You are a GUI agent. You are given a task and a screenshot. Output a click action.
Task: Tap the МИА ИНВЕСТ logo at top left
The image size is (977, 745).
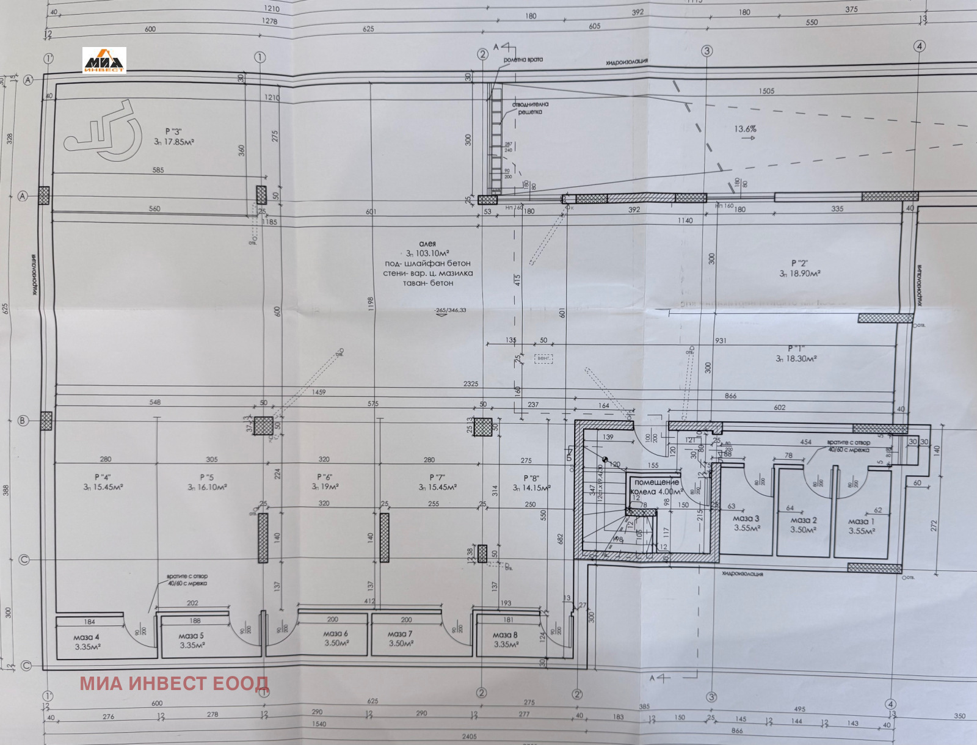coord(104,60)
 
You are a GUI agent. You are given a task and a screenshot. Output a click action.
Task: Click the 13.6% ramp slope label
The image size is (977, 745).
coord(745,129)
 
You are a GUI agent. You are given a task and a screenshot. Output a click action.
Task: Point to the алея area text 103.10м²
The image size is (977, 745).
coord(427,253)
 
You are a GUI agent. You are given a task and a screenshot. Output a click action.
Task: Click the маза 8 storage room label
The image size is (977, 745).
coord(506,639)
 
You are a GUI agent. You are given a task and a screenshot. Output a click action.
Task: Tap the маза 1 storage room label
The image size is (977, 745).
coord(862,526)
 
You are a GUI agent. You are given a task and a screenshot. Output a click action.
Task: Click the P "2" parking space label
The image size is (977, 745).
coord(799,268)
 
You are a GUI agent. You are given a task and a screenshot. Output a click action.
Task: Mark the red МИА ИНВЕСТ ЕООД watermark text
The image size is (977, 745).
coord(173,683)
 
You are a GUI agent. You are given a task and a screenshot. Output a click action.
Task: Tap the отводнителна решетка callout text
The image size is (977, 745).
coord(530,108)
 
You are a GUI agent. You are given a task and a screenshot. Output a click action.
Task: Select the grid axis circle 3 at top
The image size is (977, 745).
coord(707,51)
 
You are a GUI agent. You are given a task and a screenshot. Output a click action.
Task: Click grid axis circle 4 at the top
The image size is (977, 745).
coord(919,46)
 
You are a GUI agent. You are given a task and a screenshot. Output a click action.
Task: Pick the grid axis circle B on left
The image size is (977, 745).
coord(23,421)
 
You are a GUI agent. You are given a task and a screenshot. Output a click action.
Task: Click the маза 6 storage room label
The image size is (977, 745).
coord(336,638)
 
